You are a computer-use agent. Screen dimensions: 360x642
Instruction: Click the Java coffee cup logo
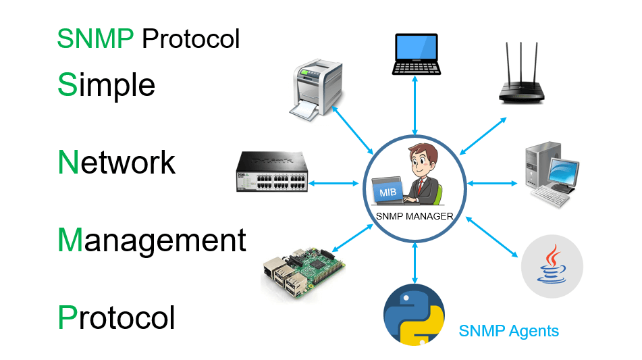click(x=552, y=267)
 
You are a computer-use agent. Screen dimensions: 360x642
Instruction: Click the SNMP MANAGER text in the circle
click(x=414, y=217)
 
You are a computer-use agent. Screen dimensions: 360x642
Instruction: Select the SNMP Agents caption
click(x=508, y=331)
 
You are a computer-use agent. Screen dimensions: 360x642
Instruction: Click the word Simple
click(x=107, y=85)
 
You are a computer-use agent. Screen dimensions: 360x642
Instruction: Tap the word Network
click(x=117, y=163)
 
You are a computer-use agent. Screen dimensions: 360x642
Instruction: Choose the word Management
click(x=152, y=240)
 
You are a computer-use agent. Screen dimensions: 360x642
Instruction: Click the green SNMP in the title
click(x=95, y=39)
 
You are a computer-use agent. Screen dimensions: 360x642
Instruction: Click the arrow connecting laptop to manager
click(x=414, y=105)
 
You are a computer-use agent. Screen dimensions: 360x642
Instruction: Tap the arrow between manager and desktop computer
click(x=492, y=182)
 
